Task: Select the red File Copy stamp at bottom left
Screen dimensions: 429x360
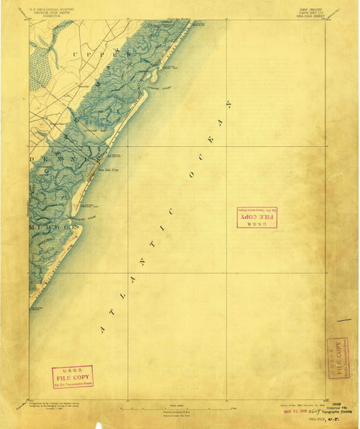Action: click(x=72, y=376)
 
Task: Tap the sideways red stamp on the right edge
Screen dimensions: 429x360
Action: click(x=335, y=357)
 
